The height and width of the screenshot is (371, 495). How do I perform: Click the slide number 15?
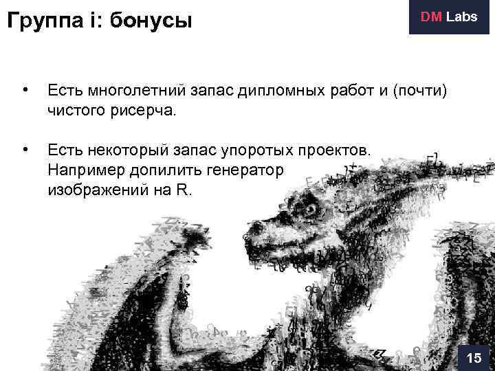(x=474, y=358)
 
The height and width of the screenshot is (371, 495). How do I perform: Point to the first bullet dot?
(x=25, y=89)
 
